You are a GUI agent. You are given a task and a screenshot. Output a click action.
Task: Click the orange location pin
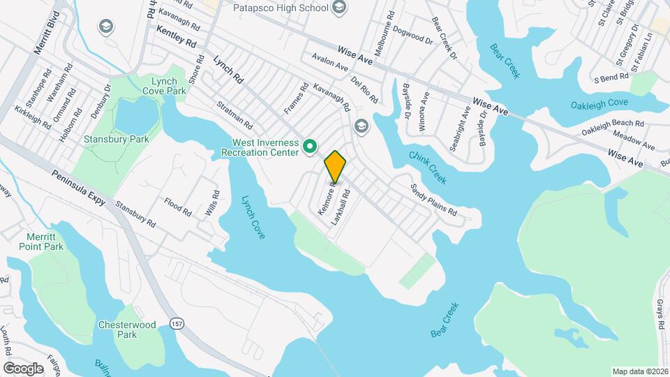[x=335, y=166]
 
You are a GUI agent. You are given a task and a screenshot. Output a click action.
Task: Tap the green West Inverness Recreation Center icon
[x=310, y=147]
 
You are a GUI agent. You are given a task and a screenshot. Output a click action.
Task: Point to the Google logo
[x=22, y=368]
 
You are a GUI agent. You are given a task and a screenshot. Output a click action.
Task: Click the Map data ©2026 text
[x=639, y=371]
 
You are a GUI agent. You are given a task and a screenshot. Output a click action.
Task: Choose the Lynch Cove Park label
[x=165, y=86]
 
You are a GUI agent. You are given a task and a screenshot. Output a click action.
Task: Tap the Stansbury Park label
[x=117, y=139]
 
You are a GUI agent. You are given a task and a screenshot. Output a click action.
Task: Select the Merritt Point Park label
[x=45, y=242]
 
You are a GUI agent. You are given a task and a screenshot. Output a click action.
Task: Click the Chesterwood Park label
[x=117, y=330]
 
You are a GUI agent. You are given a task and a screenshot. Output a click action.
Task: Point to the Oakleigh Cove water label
[x=599, y=103]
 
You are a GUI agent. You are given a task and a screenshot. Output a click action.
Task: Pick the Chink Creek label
[x=427, y=169]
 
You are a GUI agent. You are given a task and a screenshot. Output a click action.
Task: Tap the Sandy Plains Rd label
[x=433, y=200]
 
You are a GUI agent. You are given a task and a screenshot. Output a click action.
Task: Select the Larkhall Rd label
[x=341, y=207]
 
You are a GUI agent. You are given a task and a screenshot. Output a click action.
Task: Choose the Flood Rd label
[x=178, y=207]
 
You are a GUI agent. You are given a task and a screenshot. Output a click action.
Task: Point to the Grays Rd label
[x=659, y=315]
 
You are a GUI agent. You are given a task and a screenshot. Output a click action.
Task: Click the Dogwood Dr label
[x=412, y=34]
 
